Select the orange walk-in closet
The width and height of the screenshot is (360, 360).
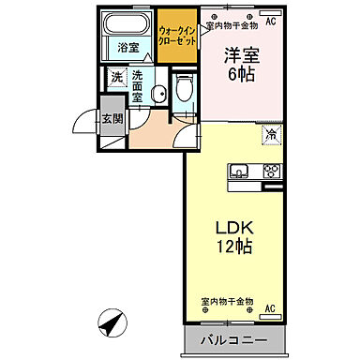pyautogui.click(x=176, y=37)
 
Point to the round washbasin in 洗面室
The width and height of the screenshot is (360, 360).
pyautogui.click(x=159, y=92)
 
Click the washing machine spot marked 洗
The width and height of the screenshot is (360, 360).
pyautogui.click(x=116, y=77)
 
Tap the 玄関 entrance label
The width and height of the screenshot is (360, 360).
pyautogui.click(x=112, y=117)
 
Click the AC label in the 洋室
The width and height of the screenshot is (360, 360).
pyautogui.click(x=270, y=21)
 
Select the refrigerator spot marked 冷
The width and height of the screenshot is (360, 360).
pyautogui.click(x=270, y=133)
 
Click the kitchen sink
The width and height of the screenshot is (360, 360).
pyautogui.click(x=238, y=171)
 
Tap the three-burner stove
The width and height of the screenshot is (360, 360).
pyautogui.click(x=270, y=171)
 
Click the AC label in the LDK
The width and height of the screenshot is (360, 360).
pyautogui.click(x=269, y=308)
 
